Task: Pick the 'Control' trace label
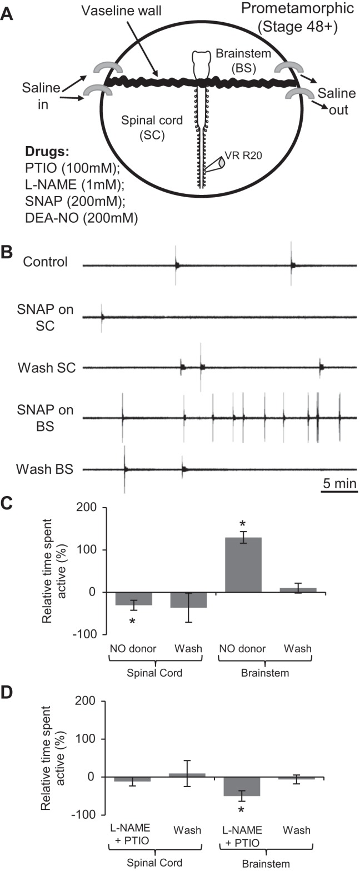click(x=46, y=261)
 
